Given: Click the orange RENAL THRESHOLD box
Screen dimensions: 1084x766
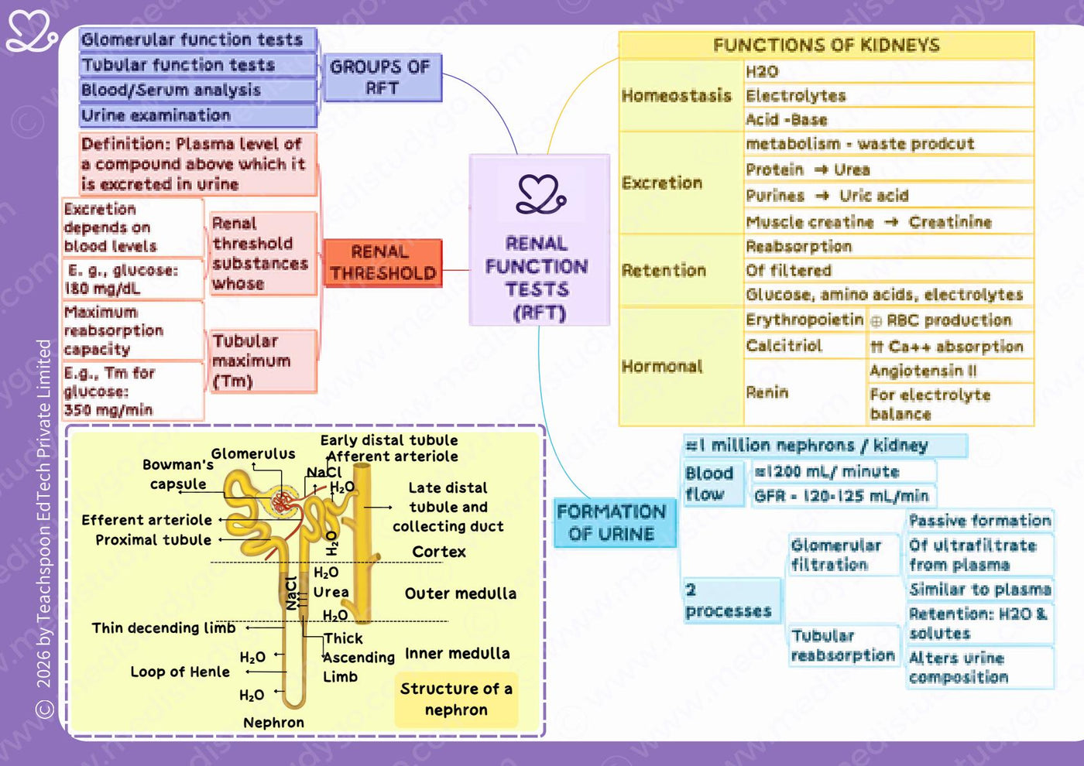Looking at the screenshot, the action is click(x=382, y=263).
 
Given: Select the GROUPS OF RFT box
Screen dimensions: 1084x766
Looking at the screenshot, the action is click(x=382, y=77).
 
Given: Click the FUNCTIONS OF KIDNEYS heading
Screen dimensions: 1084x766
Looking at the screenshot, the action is click(x=827, y=45).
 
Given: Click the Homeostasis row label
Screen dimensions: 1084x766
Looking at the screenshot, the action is click(x=677, y=95).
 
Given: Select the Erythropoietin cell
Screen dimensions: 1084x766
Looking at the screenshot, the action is click(x=804, y=320).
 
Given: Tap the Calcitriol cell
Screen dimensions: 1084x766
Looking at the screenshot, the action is click(x=804, y=345).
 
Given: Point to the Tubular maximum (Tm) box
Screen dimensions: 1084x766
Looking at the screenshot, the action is click(x=264, y=361).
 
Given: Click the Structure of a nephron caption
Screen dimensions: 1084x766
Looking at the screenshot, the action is click(x=456, y=699).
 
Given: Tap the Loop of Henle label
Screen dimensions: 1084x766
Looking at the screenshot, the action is click(x=180, y=672).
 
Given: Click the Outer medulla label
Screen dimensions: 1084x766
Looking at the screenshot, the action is click(x=461, y=593).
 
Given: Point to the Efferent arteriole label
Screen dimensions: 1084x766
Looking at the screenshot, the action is click(x=146, y=520).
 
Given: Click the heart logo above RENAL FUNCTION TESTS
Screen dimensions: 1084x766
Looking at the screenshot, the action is click(x=540, y=194).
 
